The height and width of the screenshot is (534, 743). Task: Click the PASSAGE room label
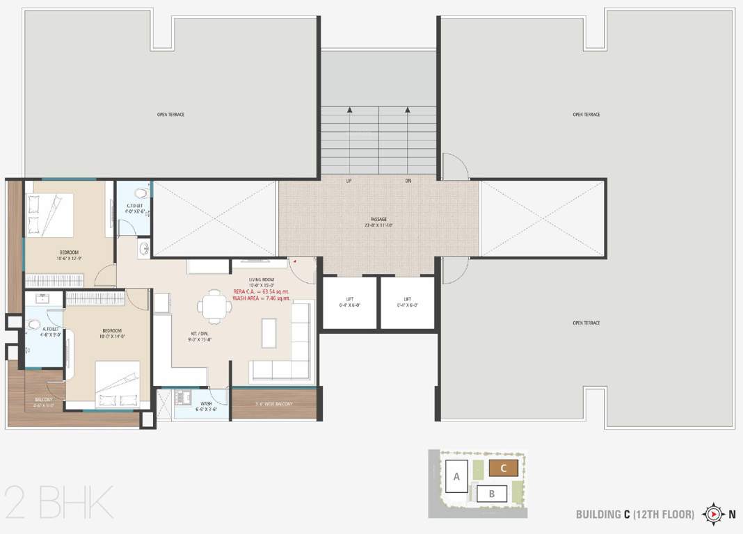pos(378,219)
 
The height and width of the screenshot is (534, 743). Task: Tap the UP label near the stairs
pos(348,181)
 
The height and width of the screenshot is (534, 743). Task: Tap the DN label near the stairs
pos(408,181)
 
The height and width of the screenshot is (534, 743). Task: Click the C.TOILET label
pos(135,206)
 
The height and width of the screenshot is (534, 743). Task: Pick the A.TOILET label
pos(50,329)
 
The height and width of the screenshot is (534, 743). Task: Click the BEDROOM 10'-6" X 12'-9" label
pos(68,252)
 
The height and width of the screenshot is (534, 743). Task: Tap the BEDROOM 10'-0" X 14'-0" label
pos(111,331)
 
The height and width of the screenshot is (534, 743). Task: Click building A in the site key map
pos(456,477)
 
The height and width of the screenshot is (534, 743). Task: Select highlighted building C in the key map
pos(503,468)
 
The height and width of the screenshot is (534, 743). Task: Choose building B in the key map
pos(492,494)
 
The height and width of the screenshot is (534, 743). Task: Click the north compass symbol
pos(714,515)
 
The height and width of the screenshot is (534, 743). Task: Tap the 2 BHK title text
pos(58,502)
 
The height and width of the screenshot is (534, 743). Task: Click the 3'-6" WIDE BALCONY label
pos(273,404)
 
